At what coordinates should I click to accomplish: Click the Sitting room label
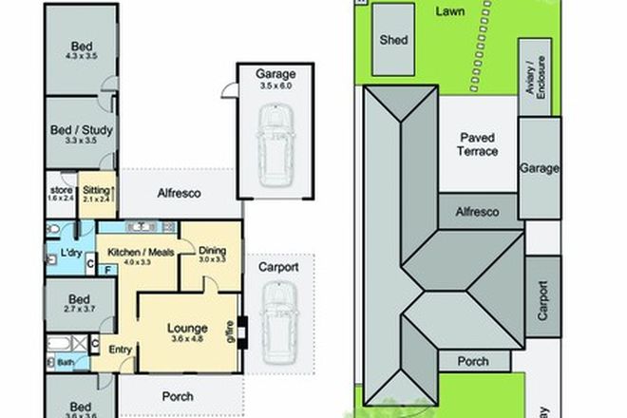click(96, 189)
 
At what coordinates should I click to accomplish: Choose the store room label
click(62, 190)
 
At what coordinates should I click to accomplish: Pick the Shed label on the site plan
click(393, 41)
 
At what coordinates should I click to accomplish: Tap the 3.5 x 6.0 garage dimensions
click(272, 85)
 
